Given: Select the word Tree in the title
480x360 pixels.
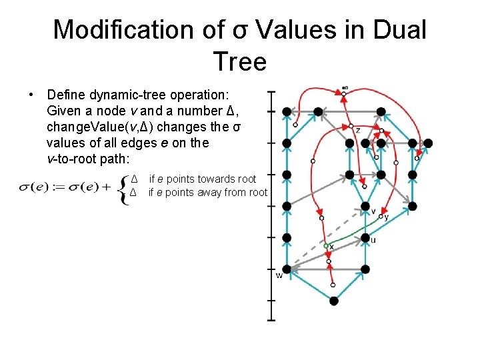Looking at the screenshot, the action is pyautogui.click(x=240, y=62).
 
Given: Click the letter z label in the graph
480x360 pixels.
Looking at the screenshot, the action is pyautogui.click(x=358, y=130).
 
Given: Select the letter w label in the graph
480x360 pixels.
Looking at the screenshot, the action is pyautogui.click(x=279, y=276).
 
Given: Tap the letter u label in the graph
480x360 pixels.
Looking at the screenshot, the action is pyautogui.click(x=373, y=240).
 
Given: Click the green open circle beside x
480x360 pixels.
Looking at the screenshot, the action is pyautogui.click(x=326, y=246).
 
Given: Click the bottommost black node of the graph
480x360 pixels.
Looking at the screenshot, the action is pyautogui.click(x=334, y=301).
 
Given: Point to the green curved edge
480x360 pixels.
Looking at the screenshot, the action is pyautogui.click(x=350, y=234).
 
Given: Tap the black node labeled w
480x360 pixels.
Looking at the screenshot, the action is pyautogui.click(x=287, y=269).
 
